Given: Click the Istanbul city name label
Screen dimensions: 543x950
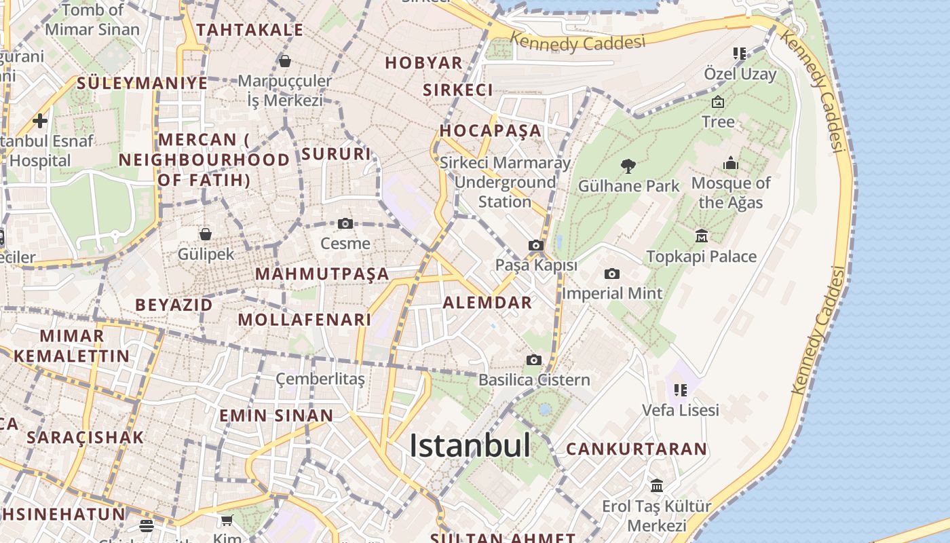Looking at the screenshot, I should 470,445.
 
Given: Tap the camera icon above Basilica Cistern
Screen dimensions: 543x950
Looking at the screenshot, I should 534,360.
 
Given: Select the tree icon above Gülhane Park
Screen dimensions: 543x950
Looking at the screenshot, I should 628,166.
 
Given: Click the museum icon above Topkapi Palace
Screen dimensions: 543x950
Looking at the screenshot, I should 702,236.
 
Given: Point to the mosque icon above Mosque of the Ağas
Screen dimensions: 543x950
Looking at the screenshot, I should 731,163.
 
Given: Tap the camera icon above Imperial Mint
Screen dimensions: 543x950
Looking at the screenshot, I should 612,274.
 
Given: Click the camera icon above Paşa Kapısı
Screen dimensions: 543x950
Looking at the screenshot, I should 536,245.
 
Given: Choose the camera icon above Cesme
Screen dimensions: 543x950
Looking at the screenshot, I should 345,223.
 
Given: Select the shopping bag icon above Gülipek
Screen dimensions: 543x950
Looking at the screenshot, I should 206,234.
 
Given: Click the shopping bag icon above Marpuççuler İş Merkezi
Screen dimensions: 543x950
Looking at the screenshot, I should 285,61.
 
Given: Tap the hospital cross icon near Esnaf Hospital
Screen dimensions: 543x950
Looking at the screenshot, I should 40,121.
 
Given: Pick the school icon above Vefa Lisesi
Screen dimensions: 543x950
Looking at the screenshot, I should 681,390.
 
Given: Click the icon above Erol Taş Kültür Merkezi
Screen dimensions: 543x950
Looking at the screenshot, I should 657,485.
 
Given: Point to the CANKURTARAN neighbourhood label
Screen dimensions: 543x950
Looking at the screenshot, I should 636,449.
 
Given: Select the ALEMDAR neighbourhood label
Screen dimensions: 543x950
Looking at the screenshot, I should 487,303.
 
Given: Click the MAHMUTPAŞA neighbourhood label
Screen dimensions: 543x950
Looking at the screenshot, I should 322,274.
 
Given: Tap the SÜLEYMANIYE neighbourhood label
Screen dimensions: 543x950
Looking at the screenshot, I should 142,83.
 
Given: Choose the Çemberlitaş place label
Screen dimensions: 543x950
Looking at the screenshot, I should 320,379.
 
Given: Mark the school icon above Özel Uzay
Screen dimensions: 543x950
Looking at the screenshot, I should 740,53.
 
